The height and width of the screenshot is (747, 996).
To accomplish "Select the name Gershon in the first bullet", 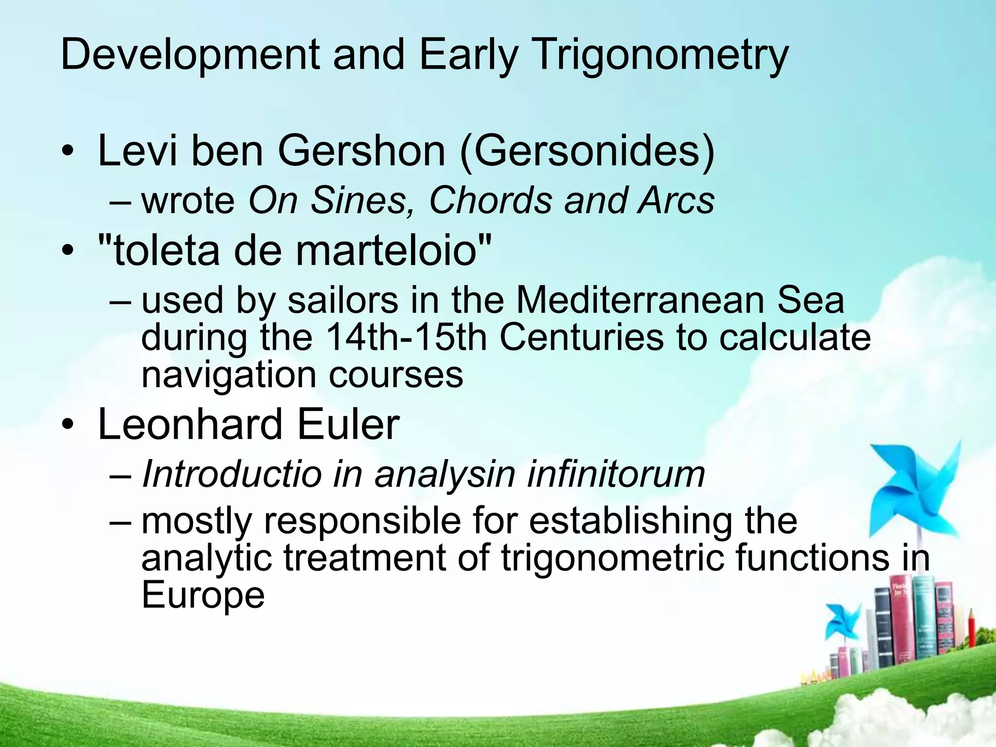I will click(x=361, y=151).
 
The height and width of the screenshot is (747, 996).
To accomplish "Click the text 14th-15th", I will click(x=406, y=338).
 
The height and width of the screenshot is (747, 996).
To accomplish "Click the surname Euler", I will click(x=348, y=425).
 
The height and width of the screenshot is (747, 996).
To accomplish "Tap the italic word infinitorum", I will click(x=616, y=474).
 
